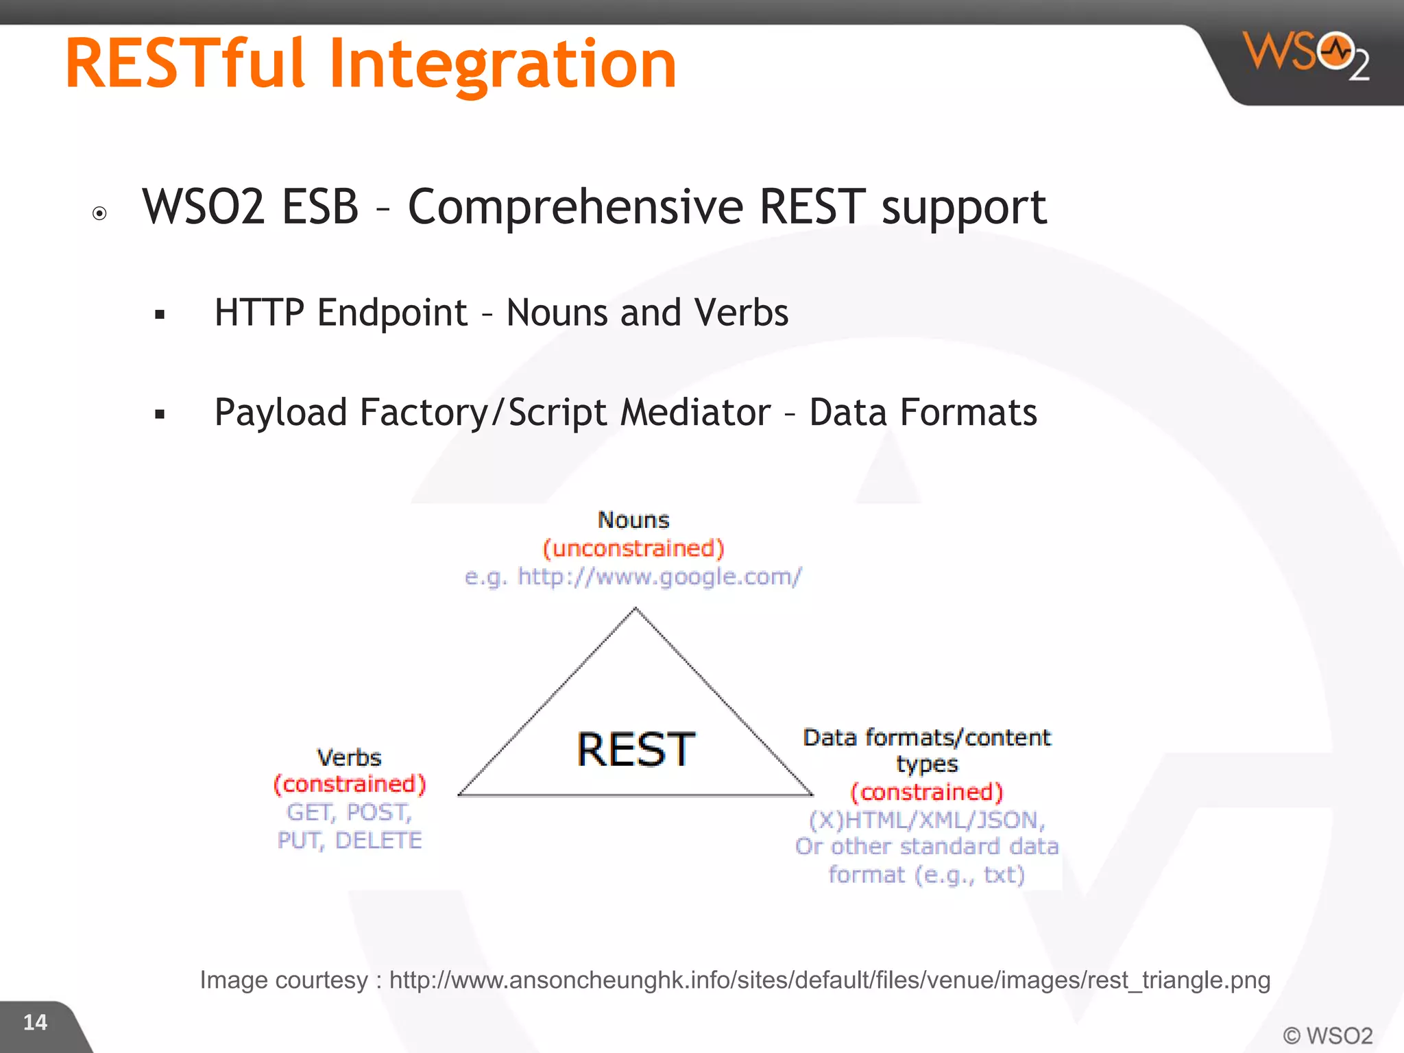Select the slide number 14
[x=35, y=1022]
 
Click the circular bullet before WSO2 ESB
[x=99, y=213]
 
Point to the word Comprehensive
[x=575, y=206]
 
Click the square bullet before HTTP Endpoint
[x=160, y=315]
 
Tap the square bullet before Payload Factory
[x=160, y=414]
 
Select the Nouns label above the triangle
[x=633, y=520]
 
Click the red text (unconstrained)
[x=633, y=548]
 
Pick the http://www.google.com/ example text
[x=659, y=577]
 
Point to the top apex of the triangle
[x=636, y=608]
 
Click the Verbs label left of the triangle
[x=349, y=758]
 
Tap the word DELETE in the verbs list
[x=378, y=840]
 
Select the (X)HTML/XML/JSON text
[x=927, y=820]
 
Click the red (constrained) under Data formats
[x=927, y=792]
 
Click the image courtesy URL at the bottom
[x=830, y=980]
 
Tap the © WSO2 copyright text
[x=1327, y=1035]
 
